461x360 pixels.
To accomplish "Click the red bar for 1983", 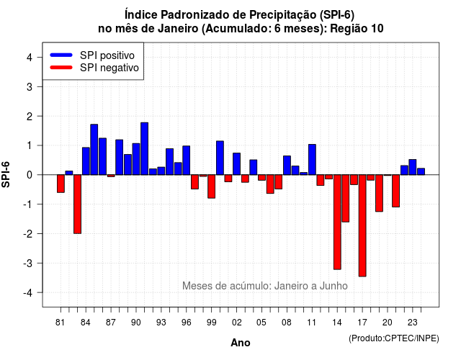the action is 77,204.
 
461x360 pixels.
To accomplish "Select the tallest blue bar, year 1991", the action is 144,149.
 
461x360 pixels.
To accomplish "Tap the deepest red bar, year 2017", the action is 362,225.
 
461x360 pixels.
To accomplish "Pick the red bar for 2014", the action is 337,222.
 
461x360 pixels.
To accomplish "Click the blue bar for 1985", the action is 94,150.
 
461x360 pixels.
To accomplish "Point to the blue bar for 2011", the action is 312,160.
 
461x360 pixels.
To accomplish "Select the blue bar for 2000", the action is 220,158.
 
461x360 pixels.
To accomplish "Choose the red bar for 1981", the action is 61,184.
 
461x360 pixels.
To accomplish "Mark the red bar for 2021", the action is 395,191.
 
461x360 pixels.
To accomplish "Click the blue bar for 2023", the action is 413,167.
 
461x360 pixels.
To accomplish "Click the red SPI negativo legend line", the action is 61,68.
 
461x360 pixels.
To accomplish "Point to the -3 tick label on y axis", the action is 28,263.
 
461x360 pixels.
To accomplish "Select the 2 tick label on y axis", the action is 30,117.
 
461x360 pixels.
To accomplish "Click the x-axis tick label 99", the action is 211,323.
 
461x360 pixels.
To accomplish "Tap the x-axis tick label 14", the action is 337,323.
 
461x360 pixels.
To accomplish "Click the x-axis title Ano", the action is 241,343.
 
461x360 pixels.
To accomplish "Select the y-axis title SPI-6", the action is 6,174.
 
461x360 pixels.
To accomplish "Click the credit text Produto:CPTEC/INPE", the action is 394,338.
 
